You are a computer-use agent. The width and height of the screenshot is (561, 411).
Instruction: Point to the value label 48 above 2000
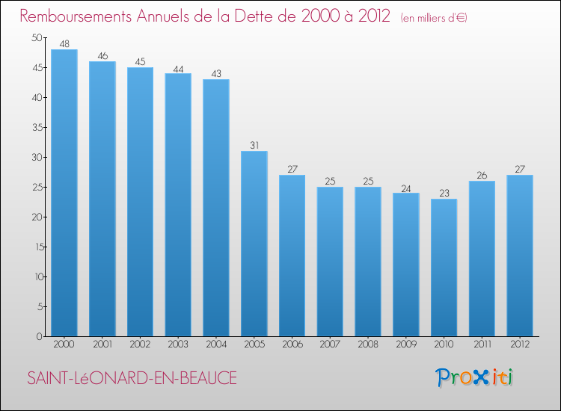coord(64,43)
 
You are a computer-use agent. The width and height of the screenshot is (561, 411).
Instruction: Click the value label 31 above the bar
coord(254,145)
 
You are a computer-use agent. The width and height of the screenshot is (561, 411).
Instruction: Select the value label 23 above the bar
coord(444,193)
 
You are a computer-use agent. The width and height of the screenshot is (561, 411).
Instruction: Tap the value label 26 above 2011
coord(482,175)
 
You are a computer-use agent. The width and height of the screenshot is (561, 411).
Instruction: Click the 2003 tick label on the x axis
coord(178,344)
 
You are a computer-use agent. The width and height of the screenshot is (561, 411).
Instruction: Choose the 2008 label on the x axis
coord(368,344)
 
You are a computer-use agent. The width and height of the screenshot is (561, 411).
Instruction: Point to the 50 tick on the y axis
coord(37,38)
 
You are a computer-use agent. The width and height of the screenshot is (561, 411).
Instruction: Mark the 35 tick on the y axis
coord(37,128)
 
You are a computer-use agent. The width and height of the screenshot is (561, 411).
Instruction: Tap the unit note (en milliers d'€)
coord(433,18)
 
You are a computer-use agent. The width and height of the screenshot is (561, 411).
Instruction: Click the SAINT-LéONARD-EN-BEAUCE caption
coord(132,379)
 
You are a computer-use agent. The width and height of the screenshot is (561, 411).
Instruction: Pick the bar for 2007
coord(330,262)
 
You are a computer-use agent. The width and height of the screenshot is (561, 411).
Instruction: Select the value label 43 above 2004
coord(216,73)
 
